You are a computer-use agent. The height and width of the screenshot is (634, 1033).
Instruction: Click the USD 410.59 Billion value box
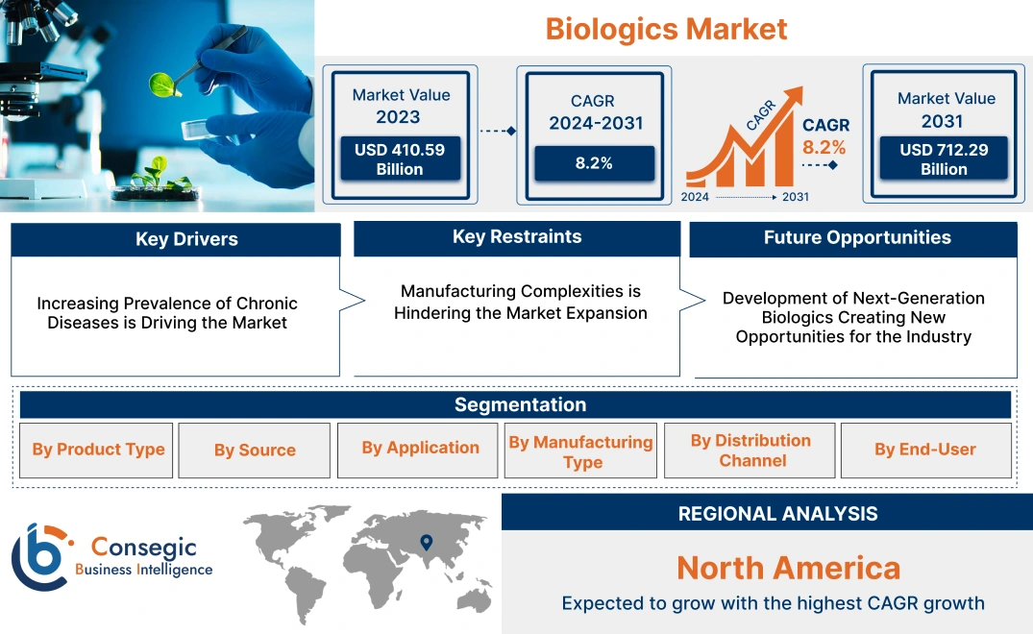coord(399,158)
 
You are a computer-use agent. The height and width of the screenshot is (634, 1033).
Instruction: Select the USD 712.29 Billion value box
coord(944,158)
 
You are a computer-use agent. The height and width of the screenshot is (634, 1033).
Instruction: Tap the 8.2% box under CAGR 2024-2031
coord(594,163)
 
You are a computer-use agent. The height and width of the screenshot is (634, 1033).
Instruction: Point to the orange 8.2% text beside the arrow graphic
coord(824,147)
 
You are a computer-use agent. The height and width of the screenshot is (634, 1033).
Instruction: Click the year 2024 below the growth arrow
coord(696,197)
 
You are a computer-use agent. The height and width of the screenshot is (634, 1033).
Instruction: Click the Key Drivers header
coord(186,239)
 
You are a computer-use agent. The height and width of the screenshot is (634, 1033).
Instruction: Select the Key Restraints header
coord(517,237)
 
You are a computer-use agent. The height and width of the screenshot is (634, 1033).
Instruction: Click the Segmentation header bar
coord(520,404)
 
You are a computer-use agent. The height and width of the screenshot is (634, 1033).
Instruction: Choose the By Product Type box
coord(98,450)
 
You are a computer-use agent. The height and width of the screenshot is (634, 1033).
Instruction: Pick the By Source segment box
coord(255,451)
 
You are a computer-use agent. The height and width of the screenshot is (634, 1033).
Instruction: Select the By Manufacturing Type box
coord(580,451)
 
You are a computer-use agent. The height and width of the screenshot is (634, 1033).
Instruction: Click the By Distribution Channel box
coord(750,451)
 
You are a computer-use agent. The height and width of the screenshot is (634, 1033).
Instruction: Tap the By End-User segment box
coord(924,450)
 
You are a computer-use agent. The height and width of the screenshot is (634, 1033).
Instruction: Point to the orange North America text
coord(788,568)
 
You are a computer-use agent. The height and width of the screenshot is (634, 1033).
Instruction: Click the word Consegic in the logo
coord(143,548)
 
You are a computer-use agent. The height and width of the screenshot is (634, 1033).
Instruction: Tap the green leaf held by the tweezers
coord(161,85)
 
